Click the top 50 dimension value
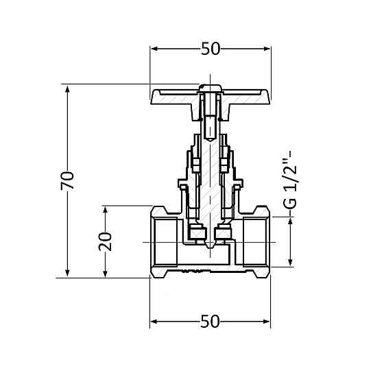pos(211,49)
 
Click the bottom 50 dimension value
pos(211,321)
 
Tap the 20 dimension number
pos(105,241)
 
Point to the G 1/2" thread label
pos(291,180)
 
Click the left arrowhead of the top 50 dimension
pos(154,49)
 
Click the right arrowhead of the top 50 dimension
pos(267,49)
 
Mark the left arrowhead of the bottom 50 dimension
pos(154,321)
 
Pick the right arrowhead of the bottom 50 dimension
pos(267,321)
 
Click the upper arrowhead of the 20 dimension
pos(105,210)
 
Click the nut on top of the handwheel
pos(211,88)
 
